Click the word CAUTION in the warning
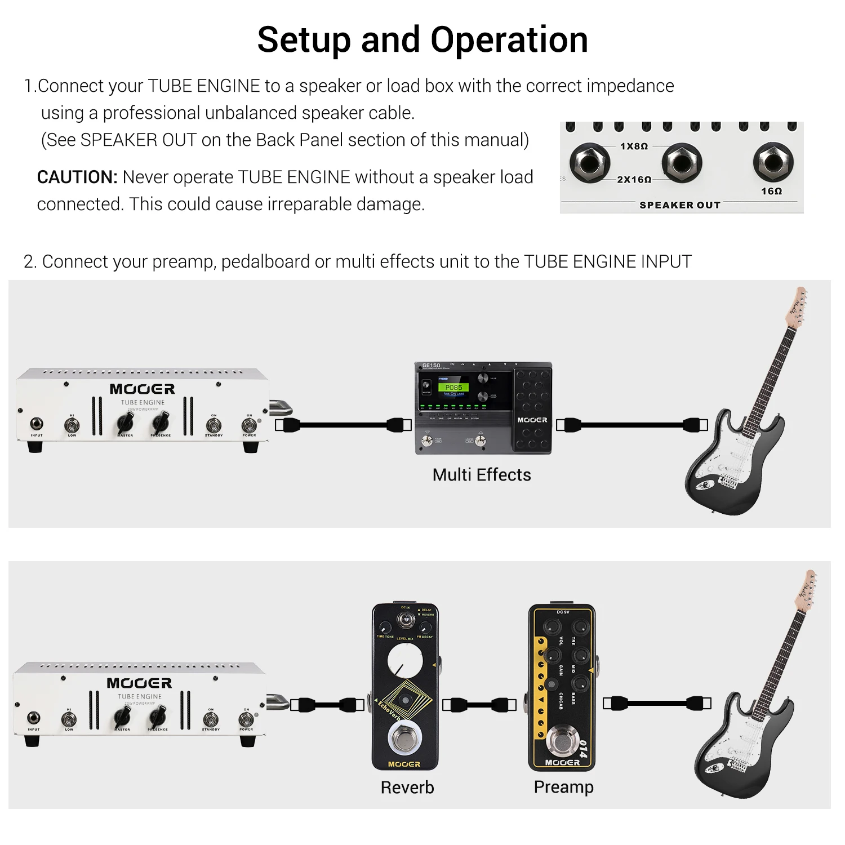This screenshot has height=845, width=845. [x=77, y=177]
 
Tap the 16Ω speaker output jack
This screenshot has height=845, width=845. [x=772, y=162]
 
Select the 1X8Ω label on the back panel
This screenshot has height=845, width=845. [x=634, y=146]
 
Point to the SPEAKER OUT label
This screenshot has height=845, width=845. [x=680, y=205]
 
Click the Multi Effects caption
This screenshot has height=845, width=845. [x=482, y=475]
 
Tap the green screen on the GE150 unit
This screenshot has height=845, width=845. [x=453, y=388]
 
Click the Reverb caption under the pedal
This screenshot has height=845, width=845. [x=407, y=787]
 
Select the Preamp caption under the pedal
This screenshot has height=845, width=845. [x=563, y=787]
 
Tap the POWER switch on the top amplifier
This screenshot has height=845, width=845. [x=248, y=424]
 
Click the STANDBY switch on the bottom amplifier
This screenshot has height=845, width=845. [x=211, y=719]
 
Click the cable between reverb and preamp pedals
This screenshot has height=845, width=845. [x=479, y=705]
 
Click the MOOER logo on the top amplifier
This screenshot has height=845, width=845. [x=142, y=389]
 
